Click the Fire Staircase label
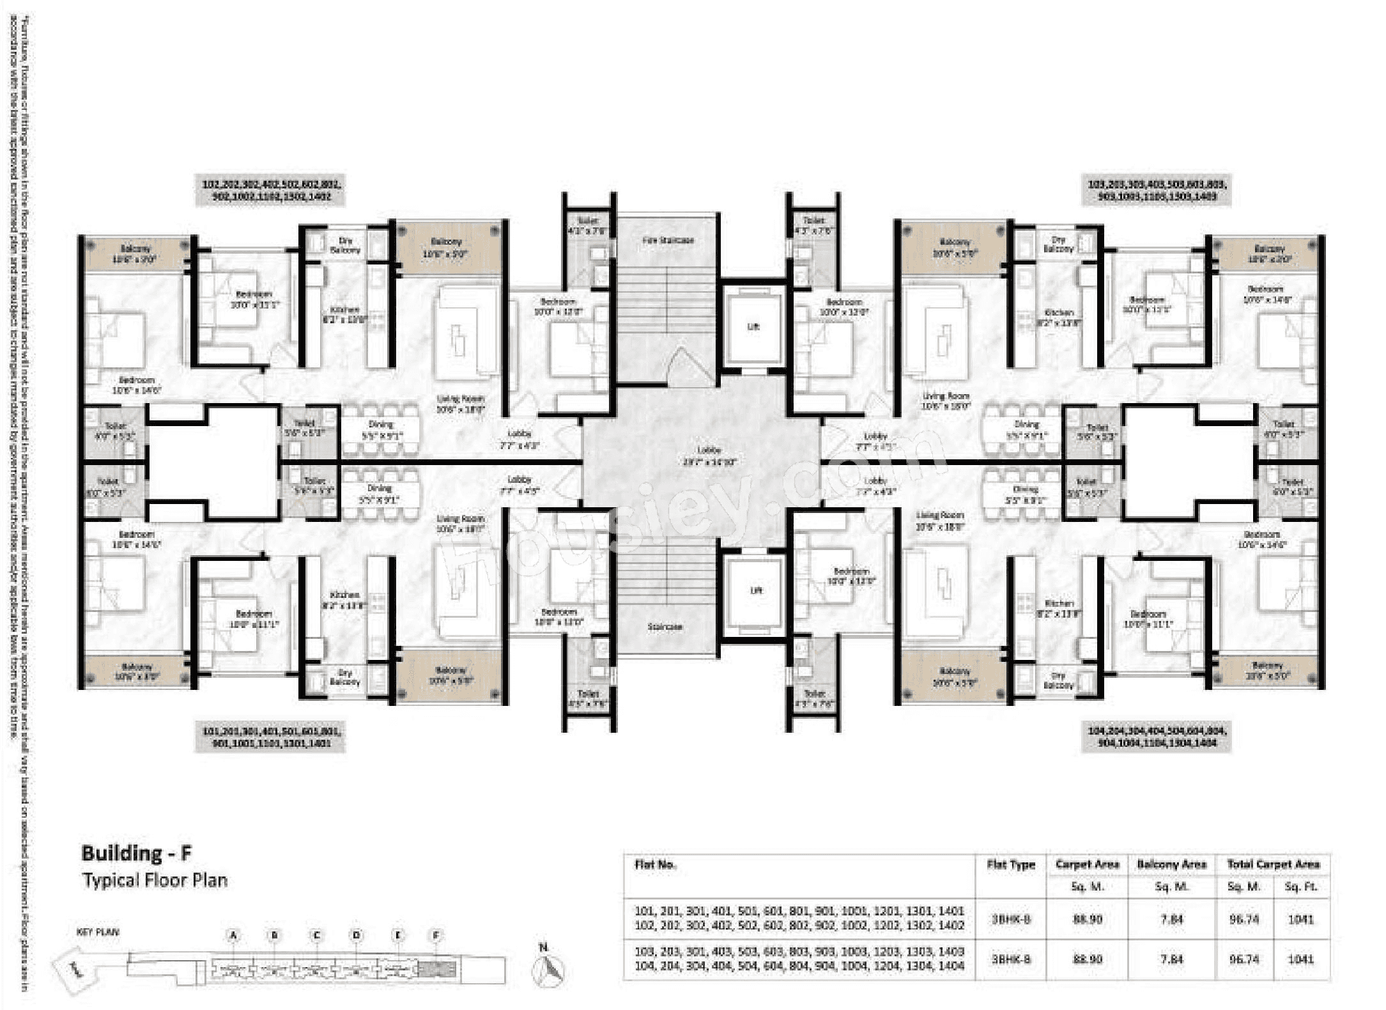667,240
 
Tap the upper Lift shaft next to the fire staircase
753,326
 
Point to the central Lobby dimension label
709,456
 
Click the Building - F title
136,853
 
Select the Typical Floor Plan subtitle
155,880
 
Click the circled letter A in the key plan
234,935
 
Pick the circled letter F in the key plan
436,935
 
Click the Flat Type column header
1010,865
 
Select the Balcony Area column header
1171,865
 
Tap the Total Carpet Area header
1273,865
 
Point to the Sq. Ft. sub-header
1301,887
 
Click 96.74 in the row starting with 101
1244,919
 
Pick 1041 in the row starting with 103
1301,959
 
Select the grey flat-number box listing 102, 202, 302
271,190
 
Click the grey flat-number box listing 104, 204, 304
1157,737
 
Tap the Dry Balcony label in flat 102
345,245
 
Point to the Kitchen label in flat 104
1058,608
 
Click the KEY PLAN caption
98,932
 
